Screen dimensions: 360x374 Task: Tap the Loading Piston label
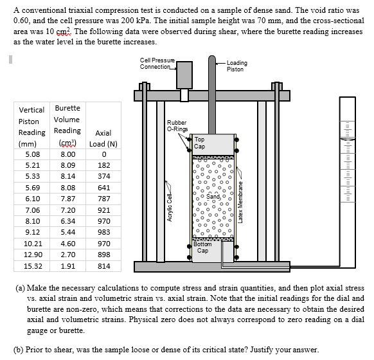236,66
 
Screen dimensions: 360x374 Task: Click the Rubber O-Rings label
177,125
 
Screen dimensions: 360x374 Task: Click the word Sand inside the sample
212,195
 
